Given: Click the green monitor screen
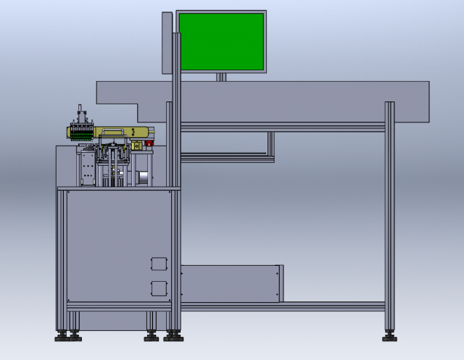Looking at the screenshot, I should [x=221, y=41].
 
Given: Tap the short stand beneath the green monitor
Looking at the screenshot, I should [x=222, y=76].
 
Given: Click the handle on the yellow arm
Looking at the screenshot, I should [x=112, y=130].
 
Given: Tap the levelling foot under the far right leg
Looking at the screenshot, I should [x=389, y=336].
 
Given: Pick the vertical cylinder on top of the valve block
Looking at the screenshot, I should [x=80, y=116].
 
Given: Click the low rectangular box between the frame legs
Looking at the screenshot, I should [x=231, y=283].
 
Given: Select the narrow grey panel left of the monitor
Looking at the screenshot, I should [x=167, y=42].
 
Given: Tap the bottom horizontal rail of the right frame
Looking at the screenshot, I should [x=283, y=306].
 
